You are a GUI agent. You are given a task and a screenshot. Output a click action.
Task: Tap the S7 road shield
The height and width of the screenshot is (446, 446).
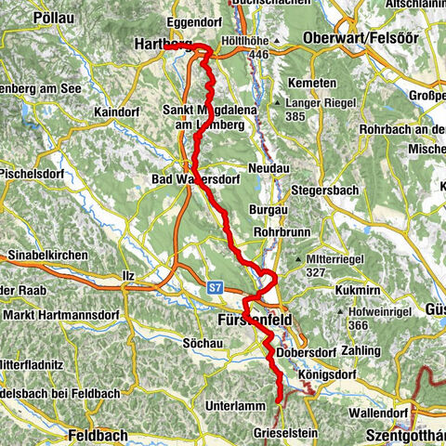tap(216, 288)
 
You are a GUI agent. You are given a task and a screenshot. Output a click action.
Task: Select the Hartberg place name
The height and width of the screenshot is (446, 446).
tap(164, 44)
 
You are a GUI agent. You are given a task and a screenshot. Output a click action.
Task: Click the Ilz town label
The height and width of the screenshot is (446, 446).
tap(128, 276)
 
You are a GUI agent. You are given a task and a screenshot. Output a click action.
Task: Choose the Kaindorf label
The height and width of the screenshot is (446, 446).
tap(115, 111)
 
